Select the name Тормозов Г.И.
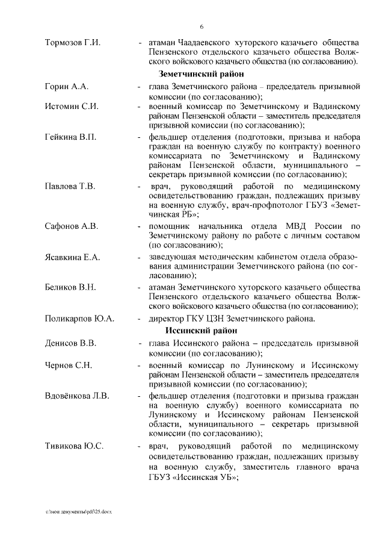pos(73,43)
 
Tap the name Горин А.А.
pos(67,88)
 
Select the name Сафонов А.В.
pos(72,226)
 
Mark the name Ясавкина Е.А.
pos(73,257)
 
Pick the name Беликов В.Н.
pos(70,287)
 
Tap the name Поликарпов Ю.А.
pos(80,319)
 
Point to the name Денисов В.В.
pos(70,344)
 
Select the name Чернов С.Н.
pos(69,366)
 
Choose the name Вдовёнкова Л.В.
pos(77,396)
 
